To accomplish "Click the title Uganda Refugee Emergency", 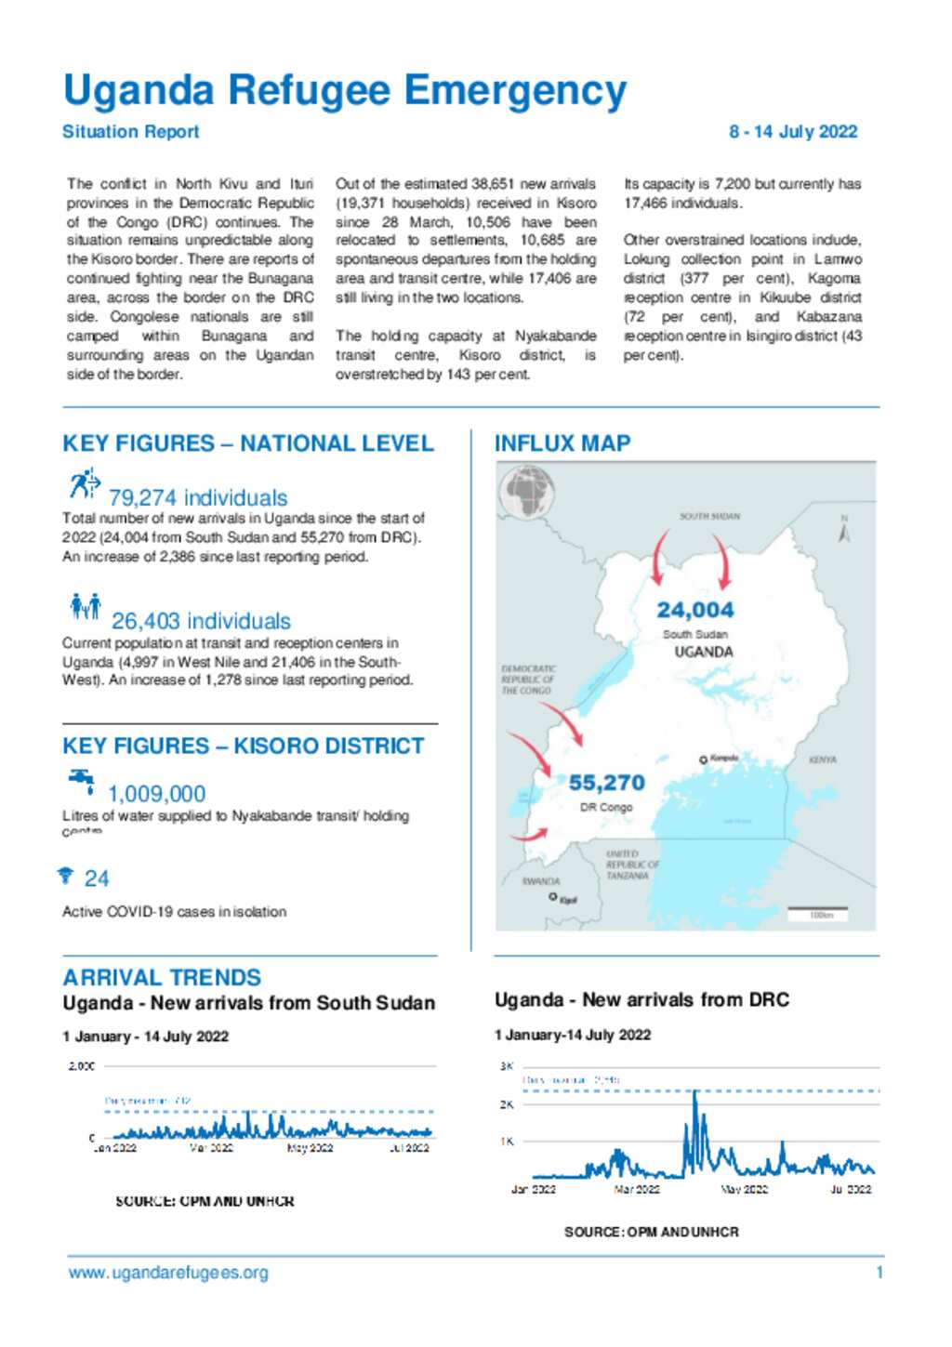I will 344,91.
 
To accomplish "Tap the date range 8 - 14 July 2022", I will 792,132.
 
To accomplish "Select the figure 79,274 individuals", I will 197,497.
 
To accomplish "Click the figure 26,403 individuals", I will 201,621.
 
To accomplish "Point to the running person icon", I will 84,483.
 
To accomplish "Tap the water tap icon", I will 82,780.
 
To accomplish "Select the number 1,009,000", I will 156,794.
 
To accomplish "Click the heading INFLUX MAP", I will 562,443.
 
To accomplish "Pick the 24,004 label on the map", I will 694,610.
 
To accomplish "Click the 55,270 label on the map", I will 606,783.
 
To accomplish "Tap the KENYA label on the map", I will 822,759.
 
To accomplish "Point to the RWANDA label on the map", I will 540,880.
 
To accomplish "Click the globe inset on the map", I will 527,491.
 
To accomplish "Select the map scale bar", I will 817,909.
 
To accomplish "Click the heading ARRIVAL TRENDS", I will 162,977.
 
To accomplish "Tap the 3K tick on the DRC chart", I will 507,1066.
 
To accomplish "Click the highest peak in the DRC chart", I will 694,1093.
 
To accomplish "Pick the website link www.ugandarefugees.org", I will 168,1273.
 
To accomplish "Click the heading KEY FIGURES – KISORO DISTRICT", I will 243,746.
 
